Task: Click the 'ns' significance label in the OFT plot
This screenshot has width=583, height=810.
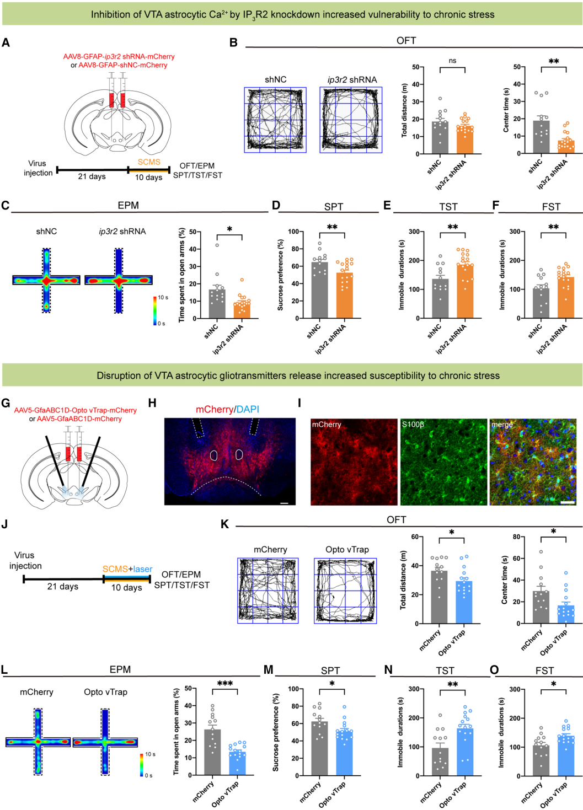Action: pyautogui.click(x=452, y=61)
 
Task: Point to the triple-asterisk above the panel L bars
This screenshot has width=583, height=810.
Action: pyautogui.click(x=225, y=684)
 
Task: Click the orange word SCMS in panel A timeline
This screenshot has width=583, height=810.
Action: pyautogui.click(x=149, y=162)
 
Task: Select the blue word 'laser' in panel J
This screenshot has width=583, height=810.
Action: pyautogui.click(x=142, y=569)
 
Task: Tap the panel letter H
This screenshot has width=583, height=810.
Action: pyautogui.click(x=152, y=403)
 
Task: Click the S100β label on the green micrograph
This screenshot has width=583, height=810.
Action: pyautogui.click(x=413, y=425)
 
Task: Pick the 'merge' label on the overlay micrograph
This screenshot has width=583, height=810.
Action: pyautogui.click(x=502, y=425)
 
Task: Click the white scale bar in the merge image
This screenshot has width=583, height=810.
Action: pyautogui.click(x=568, y=502)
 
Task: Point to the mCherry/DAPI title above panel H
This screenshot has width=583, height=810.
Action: pyautogui.click(x=227, y=409)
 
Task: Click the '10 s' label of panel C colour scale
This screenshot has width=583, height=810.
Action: pyautogui.click(x=163, y=297)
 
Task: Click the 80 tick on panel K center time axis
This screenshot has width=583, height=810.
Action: pyautogui.click(x=517, y=537)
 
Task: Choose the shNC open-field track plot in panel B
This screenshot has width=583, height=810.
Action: pyautogui.click(x=275, y=120)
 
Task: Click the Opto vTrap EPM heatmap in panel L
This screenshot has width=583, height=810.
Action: pyautogui.click(x=105, y=742)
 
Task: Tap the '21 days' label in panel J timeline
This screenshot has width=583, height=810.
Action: pyautogui.click(x=62, y=587)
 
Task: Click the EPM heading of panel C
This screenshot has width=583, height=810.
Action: pyautogui.click(x=128, y=205)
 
